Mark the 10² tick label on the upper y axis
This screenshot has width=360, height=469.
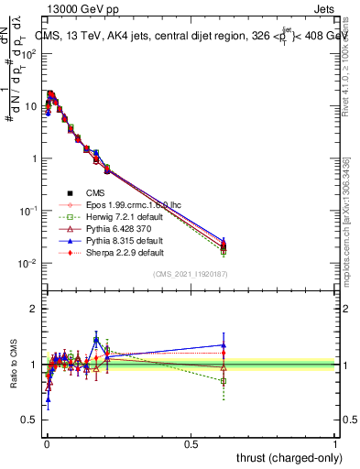pyautogui.click(x=27, y=53)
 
